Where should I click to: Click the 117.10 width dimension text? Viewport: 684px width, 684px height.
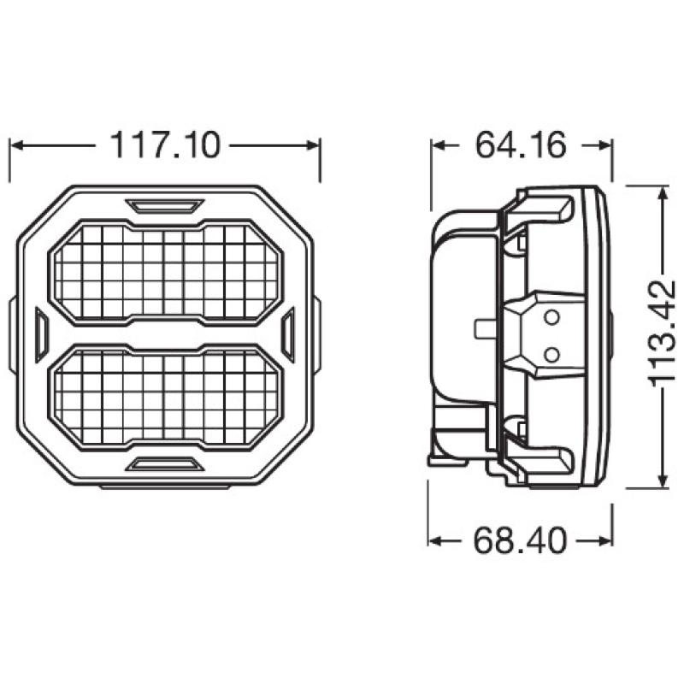click(165, 145)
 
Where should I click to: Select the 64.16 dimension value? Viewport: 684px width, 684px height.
click(521, 145)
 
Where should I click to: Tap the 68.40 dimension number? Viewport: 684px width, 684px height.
click(521, 541)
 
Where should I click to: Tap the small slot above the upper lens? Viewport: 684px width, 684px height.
click(165, 205)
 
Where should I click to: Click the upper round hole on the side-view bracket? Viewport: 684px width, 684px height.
click(551, 318)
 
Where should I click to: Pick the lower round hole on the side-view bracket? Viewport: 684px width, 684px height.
click(551, 351)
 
